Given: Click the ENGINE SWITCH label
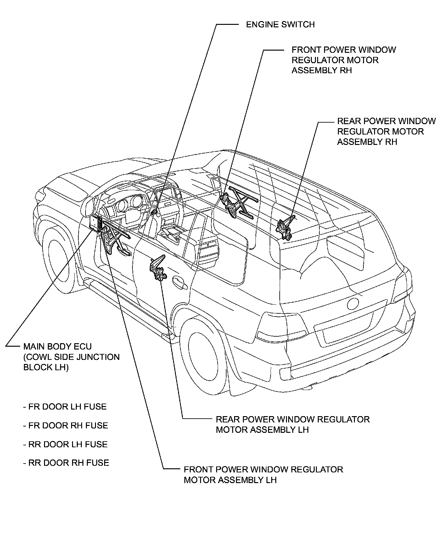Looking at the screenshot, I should click(280, 25).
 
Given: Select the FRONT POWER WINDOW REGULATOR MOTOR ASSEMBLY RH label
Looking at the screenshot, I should click(343, 60).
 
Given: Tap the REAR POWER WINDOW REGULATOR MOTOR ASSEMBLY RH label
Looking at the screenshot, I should click(386, 131).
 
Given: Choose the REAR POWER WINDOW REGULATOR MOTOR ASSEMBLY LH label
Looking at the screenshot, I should click(292, 424).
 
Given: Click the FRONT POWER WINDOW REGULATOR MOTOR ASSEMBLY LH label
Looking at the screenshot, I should click(263, 475).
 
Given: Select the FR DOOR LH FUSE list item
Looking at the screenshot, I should click(65, 407).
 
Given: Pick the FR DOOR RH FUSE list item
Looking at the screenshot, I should click(65, 426).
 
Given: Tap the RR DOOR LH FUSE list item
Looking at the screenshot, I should click(65, 444).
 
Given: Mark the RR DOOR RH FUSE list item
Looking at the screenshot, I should click(66, 463).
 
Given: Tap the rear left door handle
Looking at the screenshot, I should click(180, 283).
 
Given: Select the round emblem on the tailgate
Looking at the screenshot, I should click(352, 303).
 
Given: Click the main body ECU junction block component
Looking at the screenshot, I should click(95, 223).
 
